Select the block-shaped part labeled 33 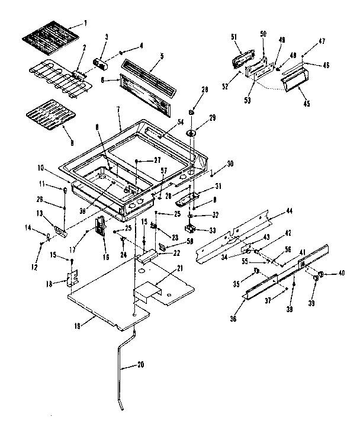191,228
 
